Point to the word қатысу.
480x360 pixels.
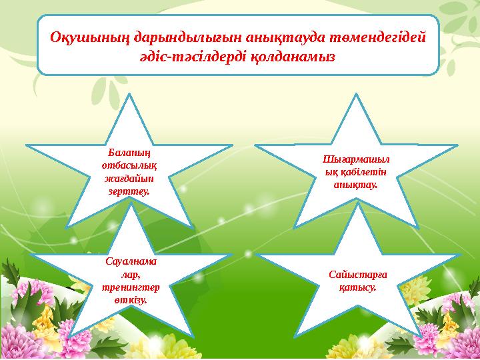[x=359, y=288]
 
